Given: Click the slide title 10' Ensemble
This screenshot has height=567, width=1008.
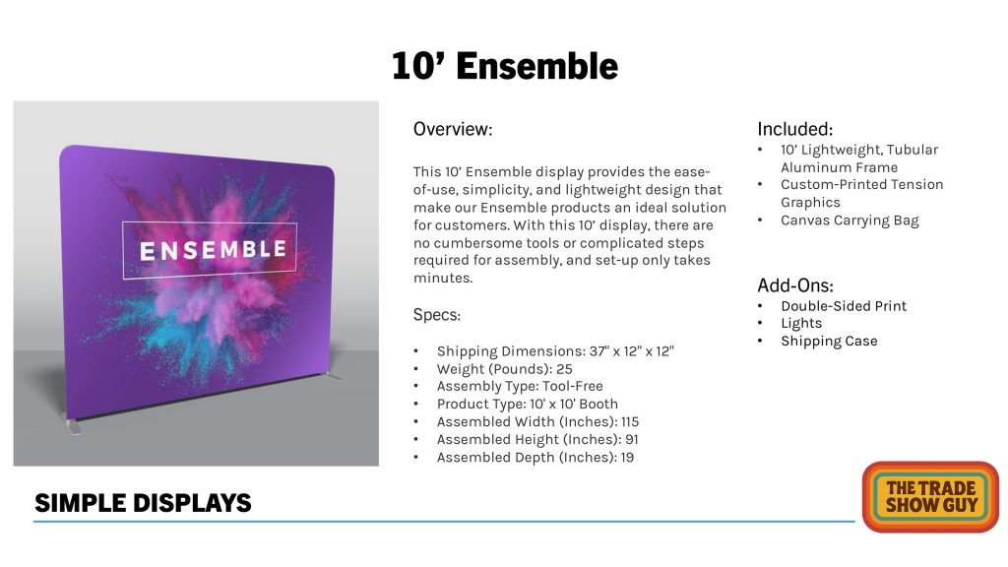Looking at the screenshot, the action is coord(505,66).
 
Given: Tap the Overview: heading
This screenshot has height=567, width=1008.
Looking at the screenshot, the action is coord(453,129).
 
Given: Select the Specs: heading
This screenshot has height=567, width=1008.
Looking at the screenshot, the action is coord(437,315).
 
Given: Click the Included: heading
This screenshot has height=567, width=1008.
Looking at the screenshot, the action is coord(794,129).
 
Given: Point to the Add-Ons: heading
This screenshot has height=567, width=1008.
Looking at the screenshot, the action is coord(795,285).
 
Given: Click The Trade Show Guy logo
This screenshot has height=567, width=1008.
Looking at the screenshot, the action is coord(931,497).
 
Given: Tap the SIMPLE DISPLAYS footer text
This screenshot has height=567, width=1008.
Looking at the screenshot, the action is coord(143,503).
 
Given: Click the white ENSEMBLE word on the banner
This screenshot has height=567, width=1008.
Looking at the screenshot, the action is coord(213,250).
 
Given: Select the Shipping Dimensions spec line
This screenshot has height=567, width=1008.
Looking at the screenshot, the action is coord(555,351).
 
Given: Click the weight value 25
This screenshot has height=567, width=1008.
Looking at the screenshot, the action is coord(564,369).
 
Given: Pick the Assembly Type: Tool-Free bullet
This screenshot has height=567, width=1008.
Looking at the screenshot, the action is coord(520,386).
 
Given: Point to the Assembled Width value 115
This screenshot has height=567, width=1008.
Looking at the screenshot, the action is coord(630,421).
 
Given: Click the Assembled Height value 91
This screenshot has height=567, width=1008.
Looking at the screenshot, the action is coord(632,440).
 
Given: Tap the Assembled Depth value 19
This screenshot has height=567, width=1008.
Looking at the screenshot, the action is coord(627,457).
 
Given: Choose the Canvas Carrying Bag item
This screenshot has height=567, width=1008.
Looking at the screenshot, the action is coord(850,220).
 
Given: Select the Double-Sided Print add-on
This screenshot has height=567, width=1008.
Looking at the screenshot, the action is coord(844,306).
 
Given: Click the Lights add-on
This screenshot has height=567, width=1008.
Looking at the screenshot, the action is coord(801,323).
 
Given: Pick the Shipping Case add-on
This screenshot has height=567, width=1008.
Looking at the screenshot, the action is coord(829,342).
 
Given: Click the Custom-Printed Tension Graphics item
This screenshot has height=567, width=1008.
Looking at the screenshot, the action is coord(862,194).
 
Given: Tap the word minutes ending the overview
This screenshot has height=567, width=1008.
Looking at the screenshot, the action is coord(443,279).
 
